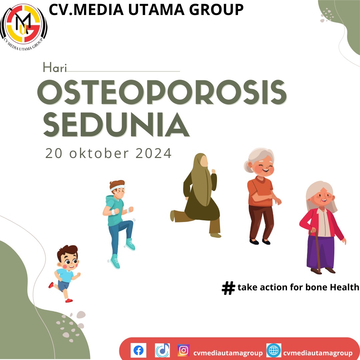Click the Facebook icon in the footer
point(138,350)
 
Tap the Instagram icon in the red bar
point(183,350)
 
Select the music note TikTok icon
point(162,350)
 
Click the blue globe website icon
point(274,350)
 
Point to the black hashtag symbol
point(228,288)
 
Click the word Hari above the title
point(55,68)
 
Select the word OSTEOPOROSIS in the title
point(162,92)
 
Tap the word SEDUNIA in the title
point(116,125)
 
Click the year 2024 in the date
point(153,153)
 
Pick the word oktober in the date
point(99,153)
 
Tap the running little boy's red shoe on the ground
point(69,300)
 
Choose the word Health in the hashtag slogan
point(344,287)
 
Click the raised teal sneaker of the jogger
point(130,244)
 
